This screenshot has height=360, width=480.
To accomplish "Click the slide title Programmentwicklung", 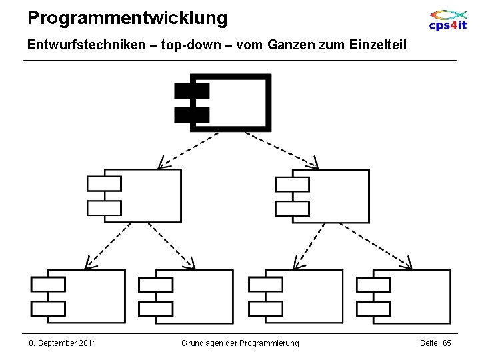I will click(127, 18).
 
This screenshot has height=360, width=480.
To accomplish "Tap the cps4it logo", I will click(447, 19).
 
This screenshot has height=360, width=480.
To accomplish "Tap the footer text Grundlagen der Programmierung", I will click(240, 343).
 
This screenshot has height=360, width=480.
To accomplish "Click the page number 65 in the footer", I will click(446, 343).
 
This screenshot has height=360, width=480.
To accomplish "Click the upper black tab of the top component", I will click(192, 91).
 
